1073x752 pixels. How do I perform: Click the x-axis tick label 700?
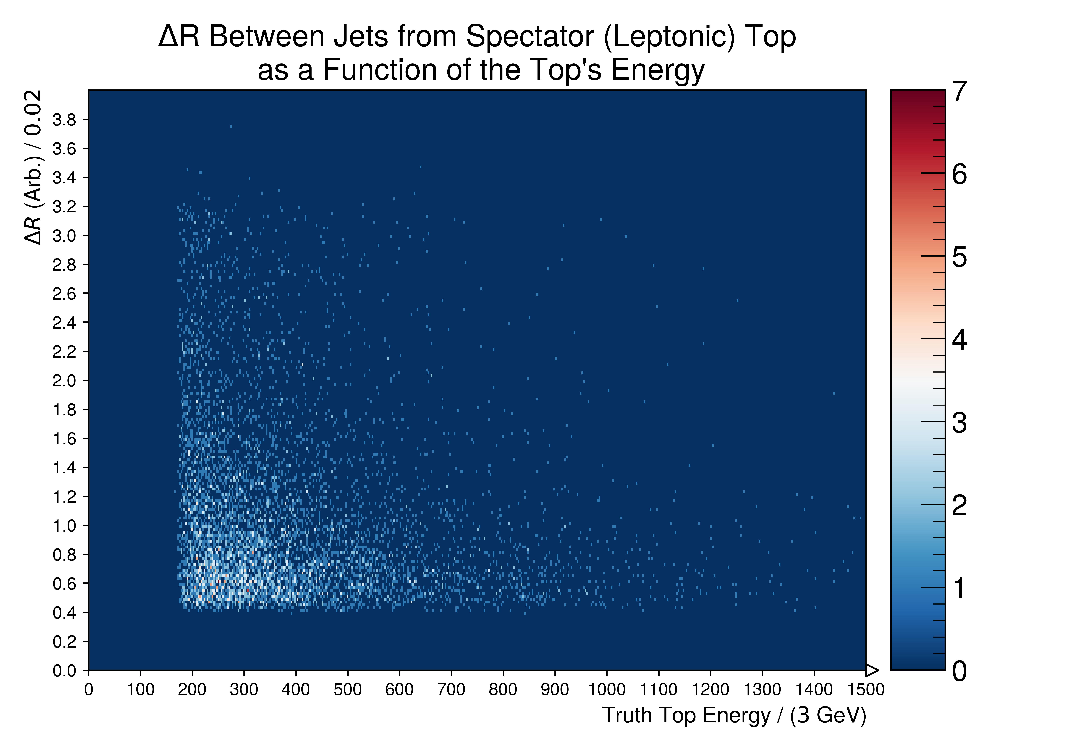coord(451,690)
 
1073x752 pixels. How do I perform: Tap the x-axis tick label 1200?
coord(710,690)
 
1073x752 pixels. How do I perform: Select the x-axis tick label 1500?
coord(866,690)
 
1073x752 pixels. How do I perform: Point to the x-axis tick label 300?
coord(244,690)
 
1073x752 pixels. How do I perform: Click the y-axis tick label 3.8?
coord(64,120)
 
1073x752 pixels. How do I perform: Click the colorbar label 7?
coord(959,92)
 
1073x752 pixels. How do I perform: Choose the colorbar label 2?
coord(959,506)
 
